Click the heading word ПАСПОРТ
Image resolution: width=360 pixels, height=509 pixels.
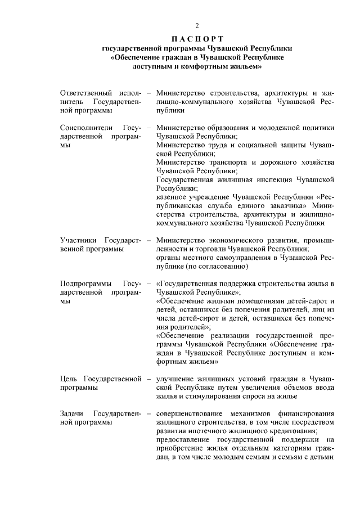197,39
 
